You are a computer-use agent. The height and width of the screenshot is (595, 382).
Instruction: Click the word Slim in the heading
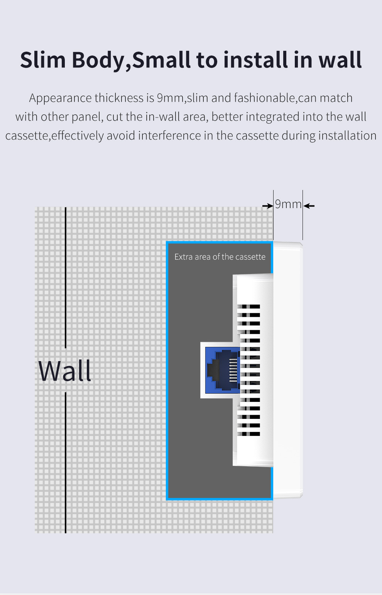coord(43,60)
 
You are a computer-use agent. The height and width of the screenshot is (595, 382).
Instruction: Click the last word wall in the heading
coord(340,60)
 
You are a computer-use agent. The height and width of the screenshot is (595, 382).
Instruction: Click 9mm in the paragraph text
coord(170,98)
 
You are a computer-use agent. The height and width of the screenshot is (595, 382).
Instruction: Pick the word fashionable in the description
coord(265,98)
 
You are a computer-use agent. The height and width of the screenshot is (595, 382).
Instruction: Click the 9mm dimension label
coord(288,204)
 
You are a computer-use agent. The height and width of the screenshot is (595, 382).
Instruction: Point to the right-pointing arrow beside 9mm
coord(268,206)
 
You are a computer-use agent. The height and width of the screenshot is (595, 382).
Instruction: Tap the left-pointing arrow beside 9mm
coord(309,206)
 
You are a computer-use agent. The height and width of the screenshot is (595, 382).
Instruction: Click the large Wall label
coord(65,371)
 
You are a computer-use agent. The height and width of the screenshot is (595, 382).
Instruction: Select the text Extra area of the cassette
coord(220,257)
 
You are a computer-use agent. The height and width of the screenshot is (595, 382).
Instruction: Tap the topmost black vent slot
coord(249,306)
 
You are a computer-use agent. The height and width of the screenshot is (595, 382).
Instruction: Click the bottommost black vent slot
coord(249,434)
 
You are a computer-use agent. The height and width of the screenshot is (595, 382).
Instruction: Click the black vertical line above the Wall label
coord(66,277)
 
